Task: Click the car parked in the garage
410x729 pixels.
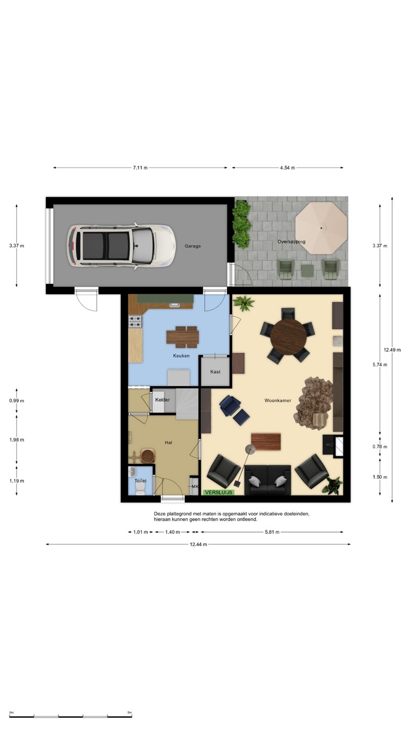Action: [121, 246]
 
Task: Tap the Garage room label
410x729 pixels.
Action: [193, 247]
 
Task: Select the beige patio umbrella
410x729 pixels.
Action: [321, 228]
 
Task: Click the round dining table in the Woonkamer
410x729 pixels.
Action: [289, 336]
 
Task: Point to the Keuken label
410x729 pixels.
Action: [181, 356]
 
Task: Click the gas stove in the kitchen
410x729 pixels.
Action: [135, 321]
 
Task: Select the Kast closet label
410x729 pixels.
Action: [216, 372]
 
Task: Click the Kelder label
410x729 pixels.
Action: [162, 399]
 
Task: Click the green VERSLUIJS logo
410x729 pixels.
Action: [219, 493]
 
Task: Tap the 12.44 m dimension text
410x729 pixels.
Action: [198, 544]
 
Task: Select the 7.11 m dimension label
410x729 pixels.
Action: [140, 168]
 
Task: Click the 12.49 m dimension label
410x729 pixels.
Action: [392, 350]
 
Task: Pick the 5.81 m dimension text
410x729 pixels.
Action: [272, 532]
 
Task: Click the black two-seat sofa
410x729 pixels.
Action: [267, 480]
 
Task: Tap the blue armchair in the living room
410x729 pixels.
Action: [230, 405]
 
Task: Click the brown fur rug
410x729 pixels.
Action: [314, 403]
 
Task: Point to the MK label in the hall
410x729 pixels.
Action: [195, 487]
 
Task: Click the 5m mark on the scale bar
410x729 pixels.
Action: [130, 713]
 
